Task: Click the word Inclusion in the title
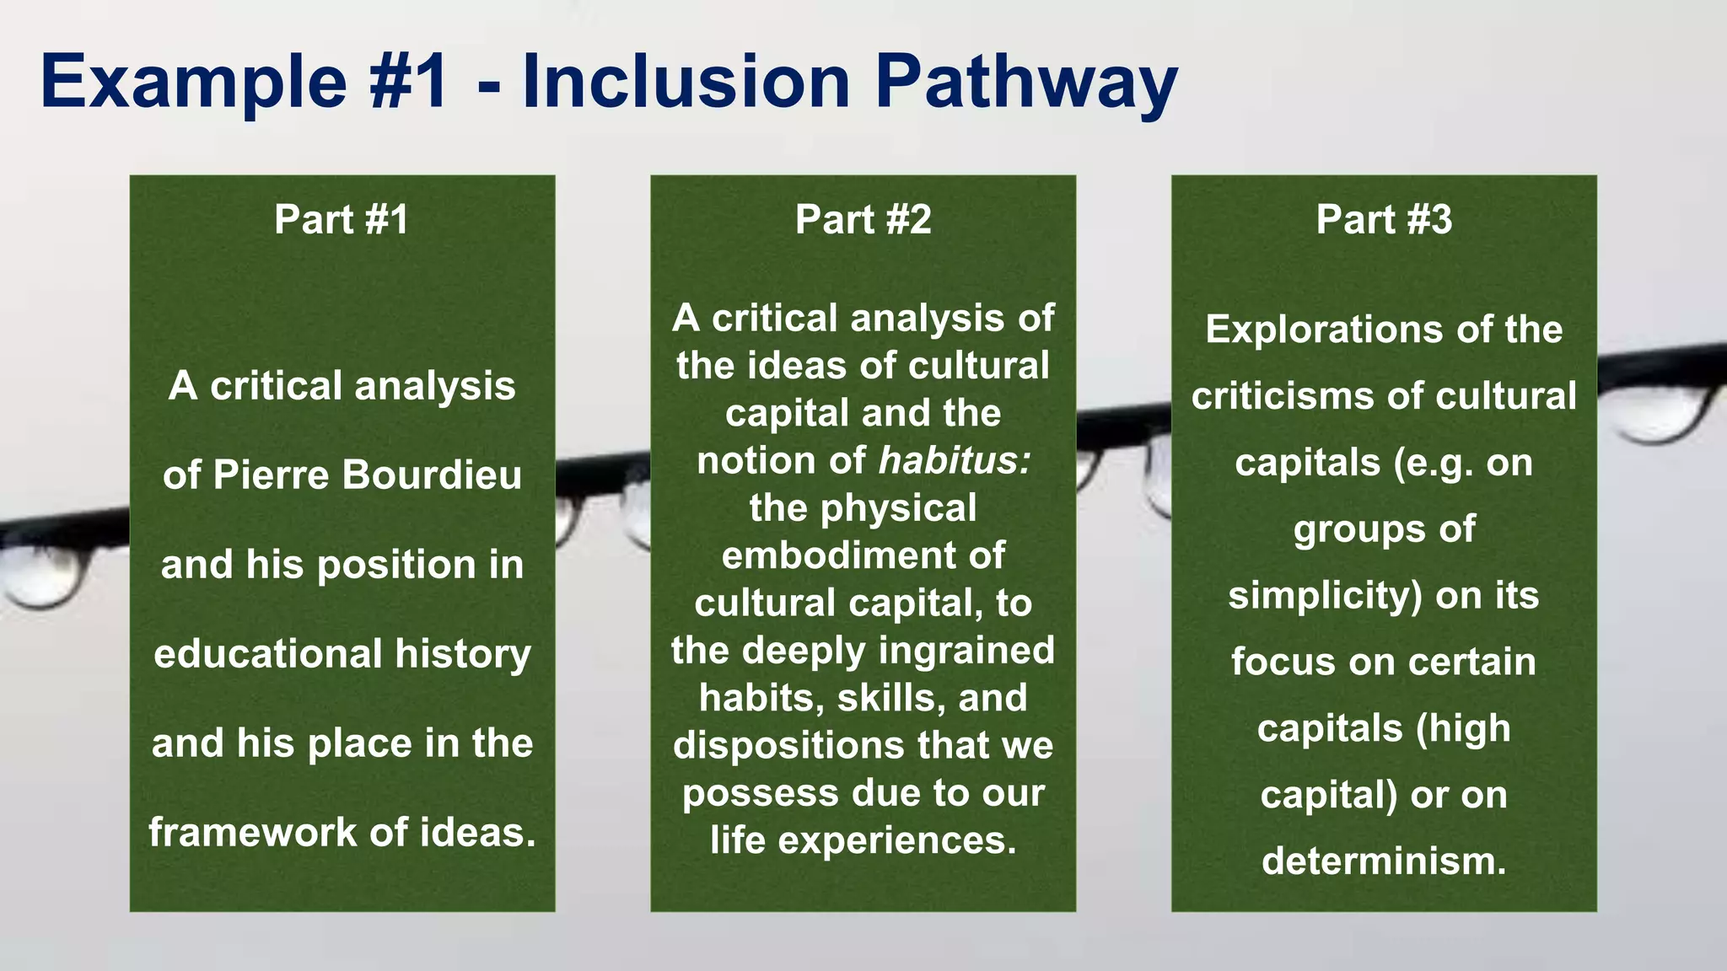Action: click(686, 82)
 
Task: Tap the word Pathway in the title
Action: click(1025, 82)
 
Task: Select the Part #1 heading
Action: click(342, 219)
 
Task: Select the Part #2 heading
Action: click(863, 219)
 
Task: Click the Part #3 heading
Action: click(1384, 219)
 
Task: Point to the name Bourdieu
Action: click(432, 475)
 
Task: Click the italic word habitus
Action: click(953, 460)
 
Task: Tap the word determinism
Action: click(1384, 861)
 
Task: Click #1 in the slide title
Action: click(408, 82)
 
